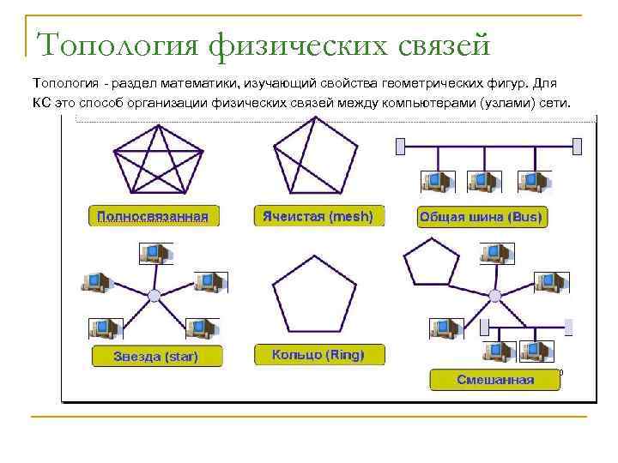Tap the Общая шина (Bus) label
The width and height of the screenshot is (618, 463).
(x=481, y=217)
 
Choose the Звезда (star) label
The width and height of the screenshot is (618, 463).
(x=155, y=357)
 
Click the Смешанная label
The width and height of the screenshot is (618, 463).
(x=495, y=379)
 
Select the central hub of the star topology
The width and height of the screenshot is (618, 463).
(x=154, y=296)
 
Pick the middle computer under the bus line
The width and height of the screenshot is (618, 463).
(x=482, y=180)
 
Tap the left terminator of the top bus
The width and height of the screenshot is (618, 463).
(x=399, y=147)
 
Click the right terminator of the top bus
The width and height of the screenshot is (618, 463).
(x=578, y=147)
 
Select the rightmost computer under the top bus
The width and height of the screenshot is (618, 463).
(x=530, y=180)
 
